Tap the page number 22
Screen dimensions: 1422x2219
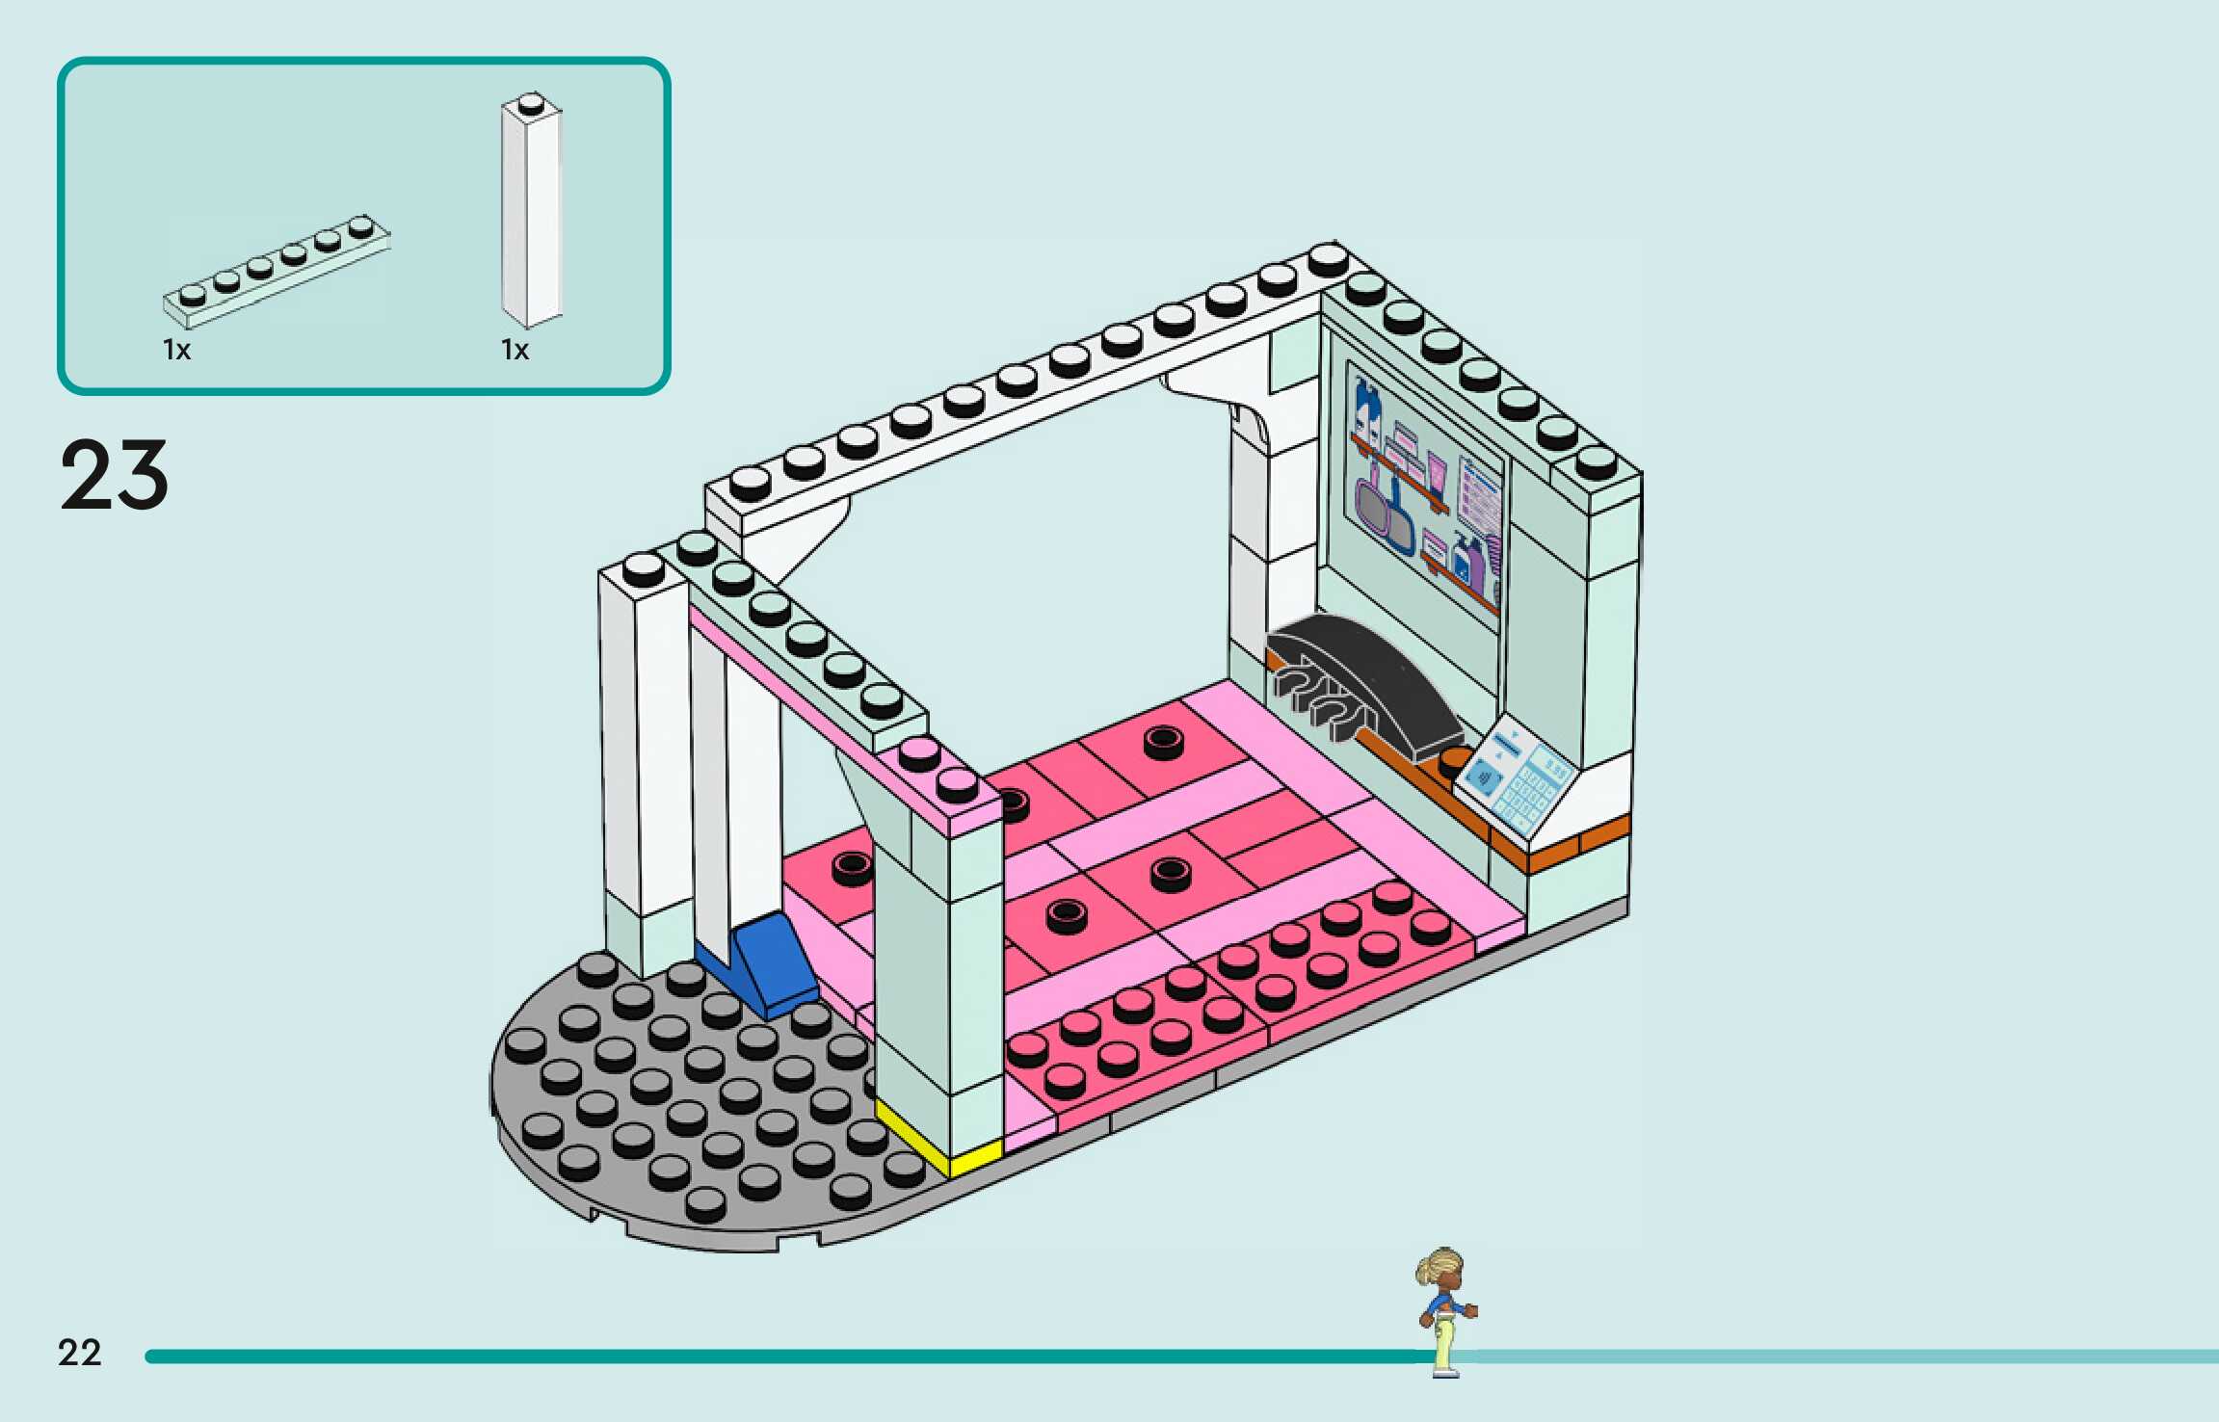tap(79, 1353)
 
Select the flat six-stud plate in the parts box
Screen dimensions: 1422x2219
tap(277, 271)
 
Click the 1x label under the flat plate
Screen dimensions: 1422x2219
tap(176, 350)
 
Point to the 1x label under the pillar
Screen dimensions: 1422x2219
tap(515, 350)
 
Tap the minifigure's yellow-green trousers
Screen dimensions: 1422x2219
tap(1443, 1344)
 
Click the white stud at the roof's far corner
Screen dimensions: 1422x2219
tap(1328, 256)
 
